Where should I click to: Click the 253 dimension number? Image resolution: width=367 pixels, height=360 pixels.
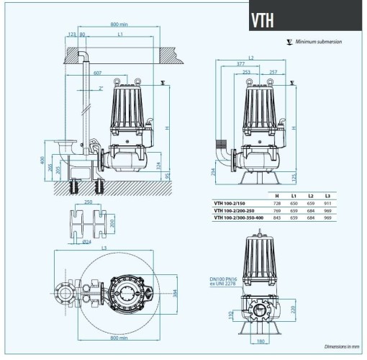point(247,73)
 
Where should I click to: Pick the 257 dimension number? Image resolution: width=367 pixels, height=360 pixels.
point(272,73)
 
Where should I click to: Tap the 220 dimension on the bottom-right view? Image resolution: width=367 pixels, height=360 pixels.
point(295,309)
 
